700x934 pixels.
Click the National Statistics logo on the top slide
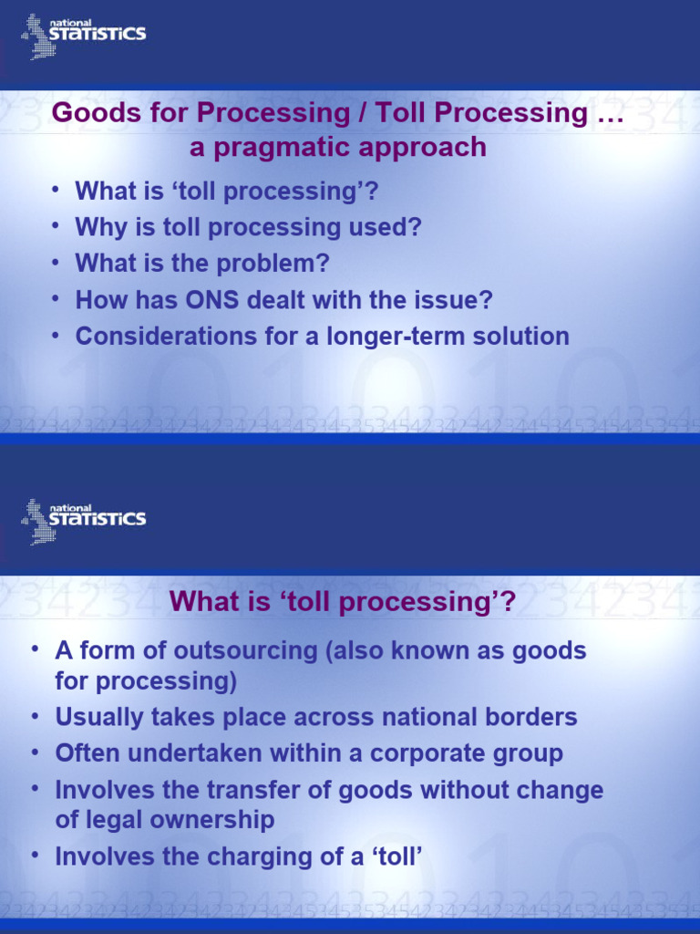point(83,36)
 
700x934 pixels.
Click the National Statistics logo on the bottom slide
point(83,521)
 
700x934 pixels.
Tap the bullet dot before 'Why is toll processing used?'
point(57,224)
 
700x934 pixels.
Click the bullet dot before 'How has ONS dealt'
point(57,297)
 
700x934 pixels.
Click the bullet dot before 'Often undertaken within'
point(36,752)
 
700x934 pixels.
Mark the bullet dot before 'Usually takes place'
point(36,715)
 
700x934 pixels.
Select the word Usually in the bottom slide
point(99,717)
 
